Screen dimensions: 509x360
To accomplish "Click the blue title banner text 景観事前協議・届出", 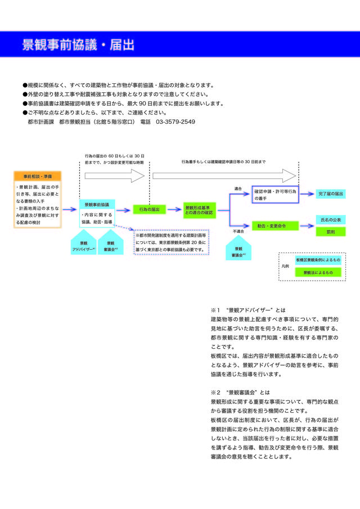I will [78, 45].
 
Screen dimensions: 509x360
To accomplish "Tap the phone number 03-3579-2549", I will [175, 121].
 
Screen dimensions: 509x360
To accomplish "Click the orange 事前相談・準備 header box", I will [38, 176].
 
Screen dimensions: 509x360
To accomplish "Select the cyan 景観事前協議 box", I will [97, 205].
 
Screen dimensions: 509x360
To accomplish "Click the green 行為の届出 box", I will [149, 209].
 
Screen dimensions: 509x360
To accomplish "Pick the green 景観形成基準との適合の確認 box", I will [199, 210].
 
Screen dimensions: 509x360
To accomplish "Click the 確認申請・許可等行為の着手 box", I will [275, 194].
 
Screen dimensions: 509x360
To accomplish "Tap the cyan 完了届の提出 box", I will [331, 193].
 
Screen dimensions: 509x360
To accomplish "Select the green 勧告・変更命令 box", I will [275, 225].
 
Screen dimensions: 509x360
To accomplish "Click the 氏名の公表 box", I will [331, 219].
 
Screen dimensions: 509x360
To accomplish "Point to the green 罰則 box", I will [331, 231].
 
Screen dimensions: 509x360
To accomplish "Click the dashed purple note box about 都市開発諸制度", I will [172, 242].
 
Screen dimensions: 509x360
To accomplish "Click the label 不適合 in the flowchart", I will [238, 231].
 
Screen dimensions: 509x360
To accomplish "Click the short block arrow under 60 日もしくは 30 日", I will [114, 176].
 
